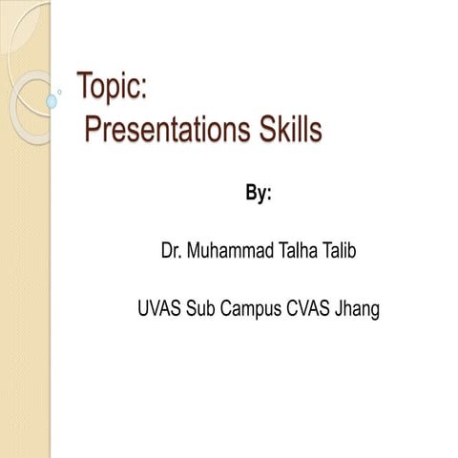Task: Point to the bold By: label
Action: tap(259, 194)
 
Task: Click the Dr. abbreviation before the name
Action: tap(173, 252)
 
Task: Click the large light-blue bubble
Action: tap(52, 100)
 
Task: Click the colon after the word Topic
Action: tap(142, 92)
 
